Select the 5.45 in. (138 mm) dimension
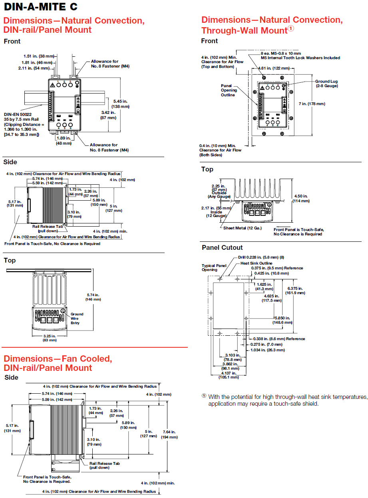tap(121, 104)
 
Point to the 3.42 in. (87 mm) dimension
tap(108, 115)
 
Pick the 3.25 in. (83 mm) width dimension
tap(50, 338)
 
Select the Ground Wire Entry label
tap(77, 319)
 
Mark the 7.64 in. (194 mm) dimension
tap(170, 434)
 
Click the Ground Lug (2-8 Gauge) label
tap(326, 84)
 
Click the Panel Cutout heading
tap(222, 247)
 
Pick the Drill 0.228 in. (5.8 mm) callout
tap(267, 257)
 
